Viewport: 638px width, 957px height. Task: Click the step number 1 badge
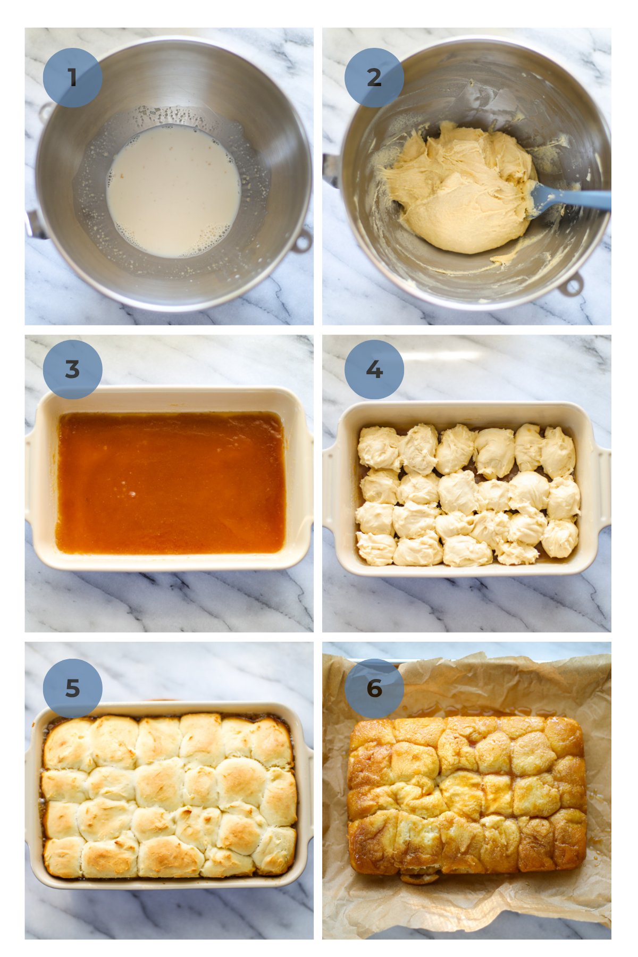(72, 78)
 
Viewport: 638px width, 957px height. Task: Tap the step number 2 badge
(374, 78)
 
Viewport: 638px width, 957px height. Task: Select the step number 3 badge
(72, 370)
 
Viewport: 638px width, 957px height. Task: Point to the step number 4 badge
(374, 370)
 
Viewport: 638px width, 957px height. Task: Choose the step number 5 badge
(72, 688)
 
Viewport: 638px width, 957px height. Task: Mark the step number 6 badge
(374, 688)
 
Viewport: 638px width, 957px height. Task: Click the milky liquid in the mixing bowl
(173, 191)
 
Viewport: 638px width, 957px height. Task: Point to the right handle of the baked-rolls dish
(309, 797)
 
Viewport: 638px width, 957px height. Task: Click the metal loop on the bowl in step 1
(303, 241)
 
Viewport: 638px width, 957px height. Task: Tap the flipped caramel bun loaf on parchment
(467, 795)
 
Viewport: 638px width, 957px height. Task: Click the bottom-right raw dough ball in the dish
(559, 538)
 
